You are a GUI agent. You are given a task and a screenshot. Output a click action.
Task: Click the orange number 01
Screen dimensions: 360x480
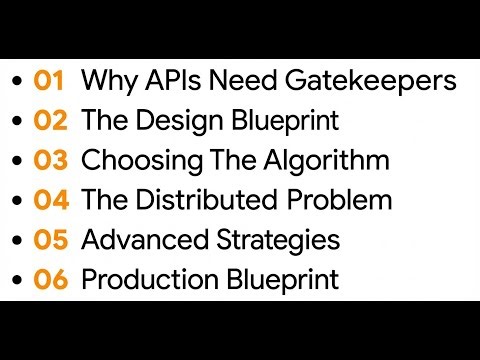click(x=49, y=81)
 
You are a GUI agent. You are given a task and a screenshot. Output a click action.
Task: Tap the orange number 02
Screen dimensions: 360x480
click(x=50, y=121)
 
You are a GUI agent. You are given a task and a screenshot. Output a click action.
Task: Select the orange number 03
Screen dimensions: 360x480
click(x=50, y=161)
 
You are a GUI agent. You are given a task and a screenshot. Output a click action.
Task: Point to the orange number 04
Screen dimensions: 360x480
click(x=50, y=201)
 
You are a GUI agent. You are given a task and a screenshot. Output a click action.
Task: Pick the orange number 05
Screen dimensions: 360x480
click(x=50, y=241)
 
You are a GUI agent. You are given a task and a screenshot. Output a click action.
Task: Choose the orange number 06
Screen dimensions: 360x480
click(x=50, y=281)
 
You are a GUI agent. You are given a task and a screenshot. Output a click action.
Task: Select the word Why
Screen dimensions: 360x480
click(x=105, y=81)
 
